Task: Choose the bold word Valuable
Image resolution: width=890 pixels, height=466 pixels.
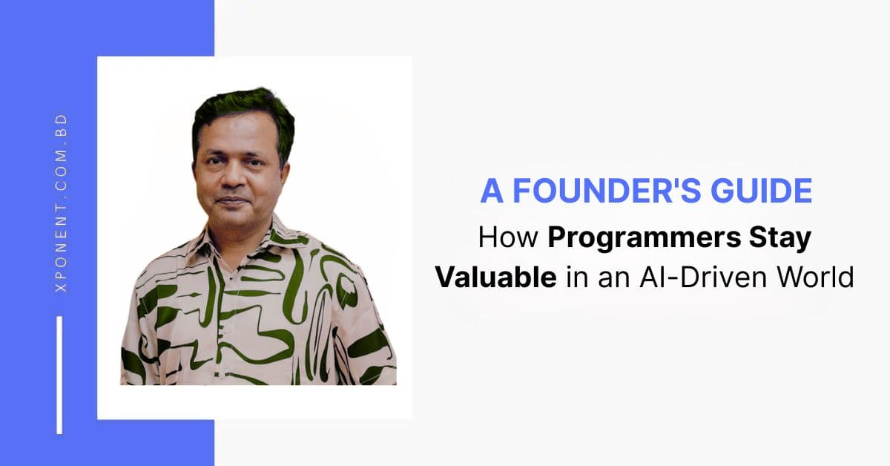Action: click(495, 277)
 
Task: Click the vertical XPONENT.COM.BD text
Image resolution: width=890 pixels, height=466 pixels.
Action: click(62, 202)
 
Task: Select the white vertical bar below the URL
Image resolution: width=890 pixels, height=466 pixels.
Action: click(59, 375)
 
